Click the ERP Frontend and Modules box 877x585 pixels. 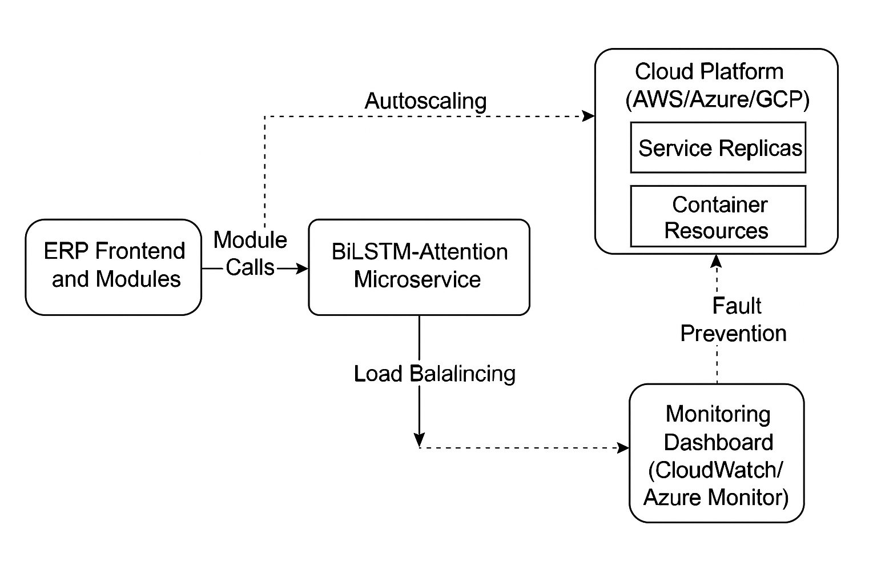pos(114,267)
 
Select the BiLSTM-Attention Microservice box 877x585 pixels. pos(419,267)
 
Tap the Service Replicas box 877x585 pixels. pos(718,148)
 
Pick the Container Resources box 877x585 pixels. pos(718,217)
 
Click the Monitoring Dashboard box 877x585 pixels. pos(717,453)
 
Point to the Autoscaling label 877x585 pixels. pos(425,101)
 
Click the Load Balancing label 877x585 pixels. pos(435,374)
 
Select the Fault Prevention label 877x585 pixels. pos(734,319)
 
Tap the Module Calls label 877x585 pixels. pos(250,253)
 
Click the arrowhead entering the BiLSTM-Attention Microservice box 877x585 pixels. pos(302,268)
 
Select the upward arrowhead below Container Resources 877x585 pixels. pos(717,261)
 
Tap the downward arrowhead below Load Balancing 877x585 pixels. pos(419,439)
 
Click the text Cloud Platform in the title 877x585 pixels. pos(709,72)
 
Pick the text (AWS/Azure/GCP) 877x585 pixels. pos(717,100)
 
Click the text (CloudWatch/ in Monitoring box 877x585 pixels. pos(716,470)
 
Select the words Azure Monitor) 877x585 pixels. pos(716,497)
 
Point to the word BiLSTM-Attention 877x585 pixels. pos(420,252)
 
